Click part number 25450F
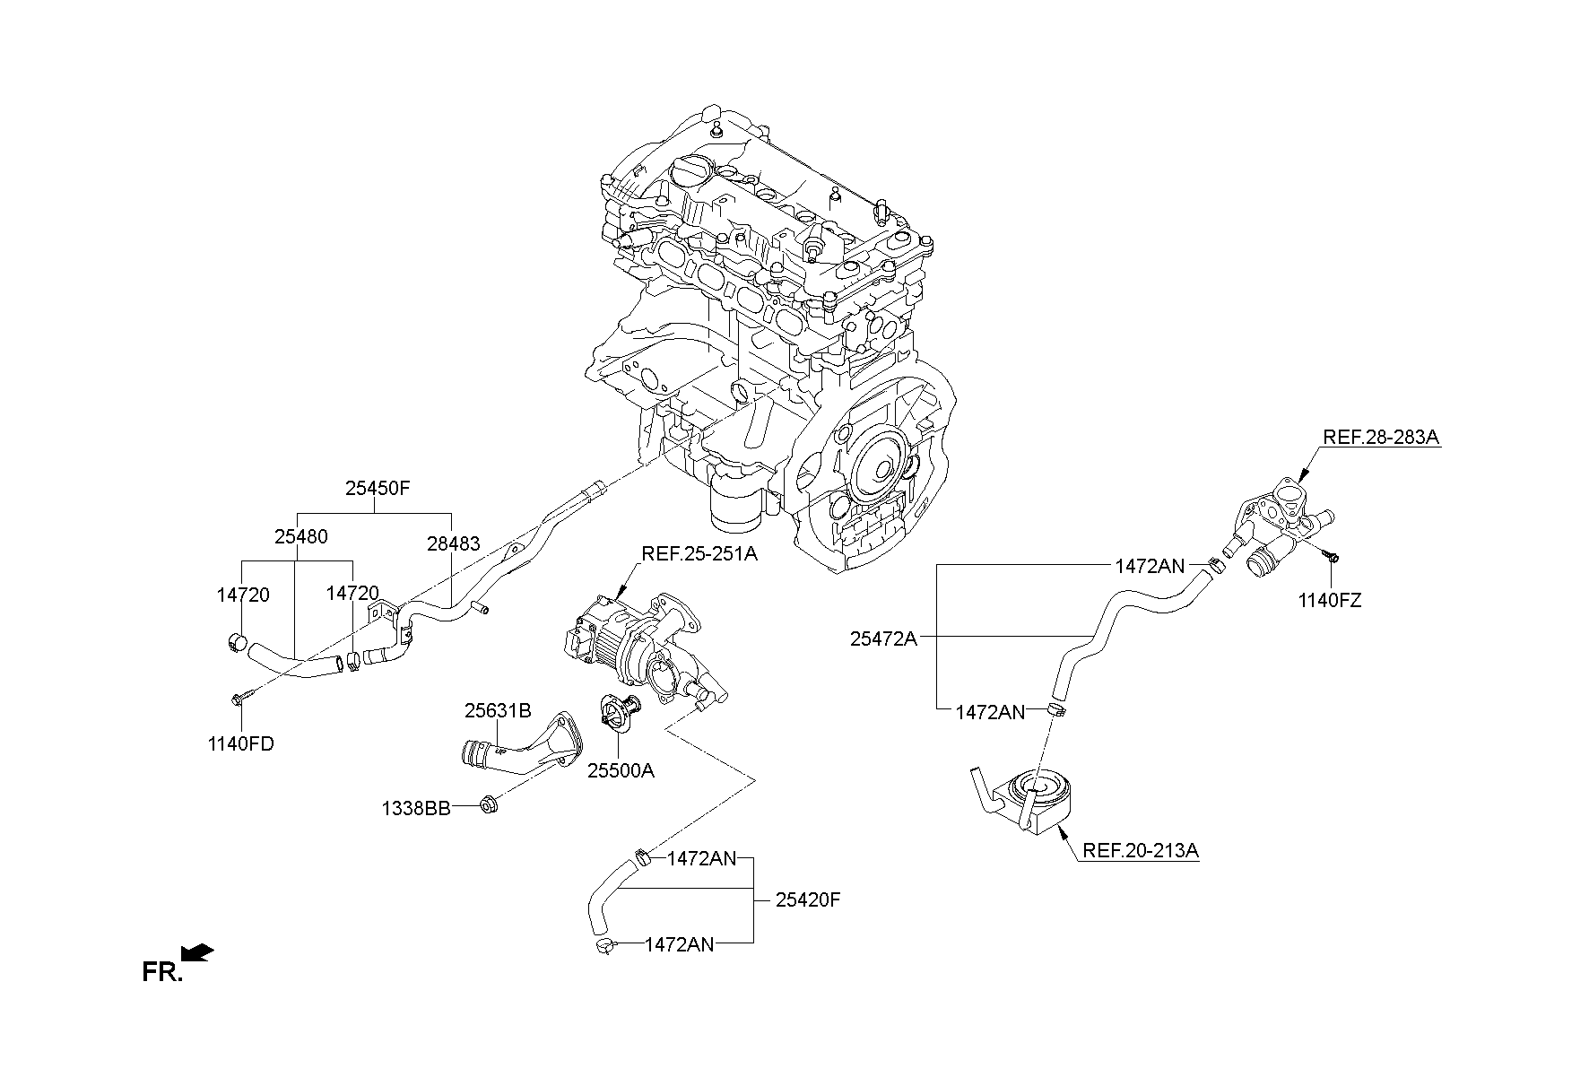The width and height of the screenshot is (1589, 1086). click(377, 490)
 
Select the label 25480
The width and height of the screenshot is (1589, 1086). click(300, 537)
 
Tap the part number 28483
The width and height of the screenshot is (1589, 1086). click(453, 543)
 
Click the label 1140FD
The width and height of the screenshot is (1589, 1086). click(240, 743)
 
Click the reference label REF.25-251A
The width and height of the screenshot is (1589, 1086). click(699, 554)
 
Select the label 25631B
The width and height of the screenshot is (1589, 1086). click(498, 711)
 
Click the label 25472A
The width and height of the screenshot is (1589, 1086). click(883, 639)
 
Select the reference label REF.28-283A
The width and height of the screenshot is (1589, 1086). click(1381, 438)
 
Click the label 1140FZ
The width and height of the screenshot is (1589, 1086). click(1329, 601)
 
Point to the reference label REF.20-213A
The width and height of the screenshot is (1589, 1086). click(1141, 850)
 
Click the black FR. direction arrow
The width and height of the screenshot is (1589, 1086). click(197, 952)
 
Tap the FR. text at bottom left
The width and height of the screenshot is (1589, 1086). click(162, 972)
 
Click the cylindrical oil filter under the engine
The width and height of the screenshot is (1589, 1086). click(735, 507)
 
